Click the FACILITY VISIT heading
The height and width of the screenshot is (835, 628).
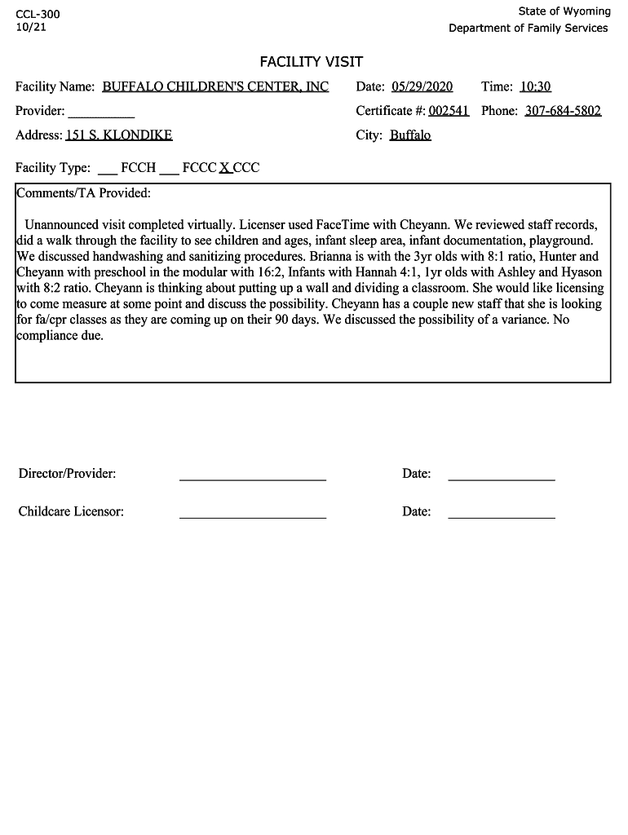(311, 62)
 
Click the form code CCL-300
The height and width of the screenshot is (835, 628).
(38, 15)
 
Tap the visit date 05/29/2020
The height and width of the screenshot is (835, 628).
(422, 87)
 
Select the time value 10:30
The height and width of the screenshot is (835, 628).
(535, 87)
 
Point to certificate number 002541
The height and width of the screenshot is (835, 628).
(449, 111)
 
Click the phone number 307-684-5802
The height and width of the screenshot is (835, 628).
(563, 111)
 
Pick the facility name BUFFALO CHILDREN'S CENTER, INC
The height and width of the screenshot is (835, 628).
(215, 87)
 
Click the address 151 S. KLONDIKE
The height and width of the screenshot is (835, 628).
(124, 135)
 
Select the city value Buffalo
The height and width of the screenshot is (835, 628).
(409, 135)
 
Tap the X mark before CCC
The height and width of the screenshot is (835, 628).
(224, 168)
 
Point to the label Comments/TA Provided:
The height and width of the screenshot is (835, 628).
(84, 193)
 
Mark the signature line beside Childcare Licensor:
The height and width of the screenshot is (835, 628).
(252, 516)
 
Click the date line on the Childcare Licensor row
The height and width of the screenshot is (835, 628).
(501, 516)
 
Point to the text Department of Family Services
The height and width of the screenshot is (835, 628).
(528, 29)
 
